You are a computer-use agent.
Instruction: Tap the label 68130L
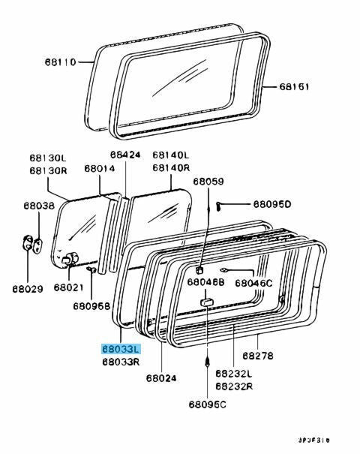[x=48, y=158]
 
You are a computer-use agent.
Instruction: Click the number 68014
[x=99, y=170]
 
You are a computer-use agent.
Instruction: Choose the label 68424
[x=125, y=155]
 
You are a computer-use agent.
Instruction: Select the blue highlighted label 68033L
[x=121, y=349]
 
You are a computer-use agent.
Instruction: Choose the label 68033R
[x=121, y=361]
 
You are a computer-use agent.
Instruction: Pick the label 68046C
[x=255, y=283]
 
